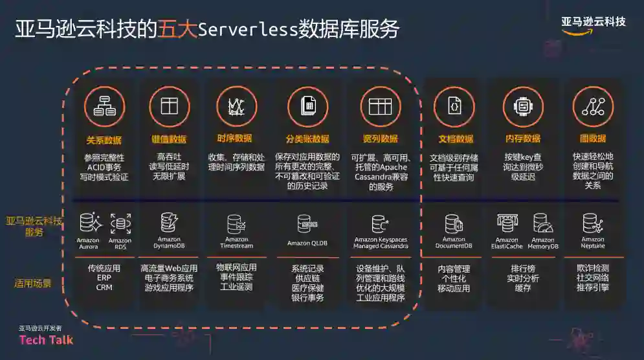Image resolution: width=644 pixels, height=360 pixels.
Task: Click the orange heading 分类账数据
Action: point(307,139)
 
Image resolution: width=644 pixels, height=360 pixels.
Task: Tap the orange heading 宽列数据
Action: point(381,139)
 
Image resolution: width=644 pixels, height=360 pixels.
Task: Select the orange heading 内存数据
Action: point(523,139)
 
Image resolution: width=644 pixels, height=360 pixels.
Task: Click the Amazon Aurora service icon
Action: point(89,223)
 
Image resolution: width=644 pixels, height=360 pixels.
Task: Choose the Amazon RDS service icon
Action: point(120,223)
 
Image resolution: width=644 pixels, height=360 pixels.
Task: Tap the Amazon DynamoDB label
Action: point(169,243)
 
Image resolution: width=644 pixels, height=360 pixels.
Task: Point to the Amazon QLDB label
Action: point(307,243)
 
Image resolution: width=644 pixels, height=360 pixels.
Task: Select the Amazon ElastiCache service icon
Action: point(507,223)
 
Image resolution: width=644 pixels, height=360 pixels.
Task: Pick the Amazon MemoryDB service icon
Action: point(542,223)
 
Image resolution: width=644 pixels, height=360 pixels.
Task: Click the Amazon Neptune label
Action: point(592,243)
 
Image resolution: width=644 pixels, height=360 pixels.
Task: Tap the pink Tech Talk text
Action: point(46,340)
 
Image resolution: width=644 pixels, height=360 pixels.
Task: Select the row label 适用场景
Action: point(33,283)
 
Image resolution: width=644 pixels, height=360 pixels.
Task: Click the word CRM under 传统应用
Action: point(104,287)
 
